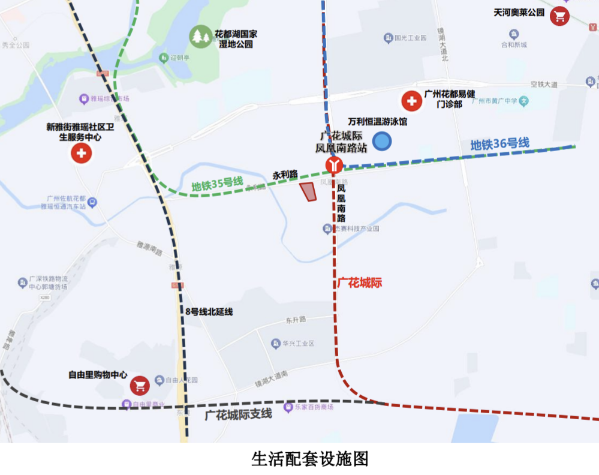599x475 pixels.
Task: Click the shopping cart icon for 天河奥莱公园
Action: (560, 16)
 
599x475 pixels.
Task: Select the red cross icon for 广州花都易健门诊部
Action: (411, 101)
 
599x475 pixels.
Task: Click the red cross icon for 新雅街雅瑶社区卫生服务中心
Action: (82, 154)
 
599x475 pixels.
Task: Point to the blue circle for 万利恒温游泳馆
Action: (382, 142)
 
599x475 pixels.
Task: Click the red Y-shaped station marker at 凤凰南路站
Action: (334, 165)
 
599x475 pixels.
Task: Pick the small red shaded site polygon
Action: (308, 192)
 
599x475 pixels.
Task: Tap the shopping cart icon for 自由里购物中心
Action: (140, 385)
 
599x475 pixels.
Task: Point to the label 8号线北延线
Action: (209, 311)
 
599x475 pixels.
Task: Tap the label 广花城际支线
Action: (238, 414)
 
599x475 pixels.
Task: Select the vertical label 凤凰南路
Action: (341, 204)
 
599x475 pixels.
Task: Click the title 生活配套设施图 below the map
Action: (310, 459)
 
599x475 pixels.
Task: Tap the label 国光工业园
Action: (410, 38)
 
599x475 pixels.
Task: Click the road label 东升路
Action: (296, 320)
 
